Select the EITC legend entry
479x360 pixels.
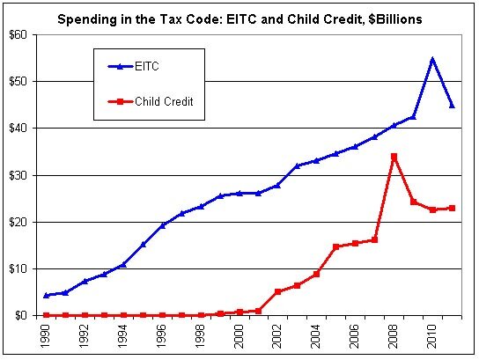pos(151,66)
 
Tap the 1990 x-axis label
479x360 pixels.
pos(46,335)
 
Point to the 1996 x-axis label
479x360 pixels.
pos(162,335)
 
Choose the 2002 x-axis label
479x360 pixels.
pos(277,335)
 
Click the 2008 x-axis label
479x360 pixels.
pos(394,335)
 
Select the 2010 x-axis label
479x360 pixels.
pos(432,335)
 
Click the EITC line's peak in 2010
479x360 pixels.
pos(432,60)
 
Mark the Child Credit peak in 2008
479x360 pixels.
pos(394,157)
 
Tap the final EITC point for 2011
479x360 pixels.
pos(452,105)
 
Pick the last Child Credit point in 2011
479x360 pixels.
pos(452,208)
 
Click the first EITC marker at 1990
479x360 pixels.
pos(46,295)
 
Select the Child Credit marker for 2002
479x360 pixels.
pos(277,291)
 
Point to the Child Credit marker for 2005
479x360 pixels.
pos(335,246)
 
